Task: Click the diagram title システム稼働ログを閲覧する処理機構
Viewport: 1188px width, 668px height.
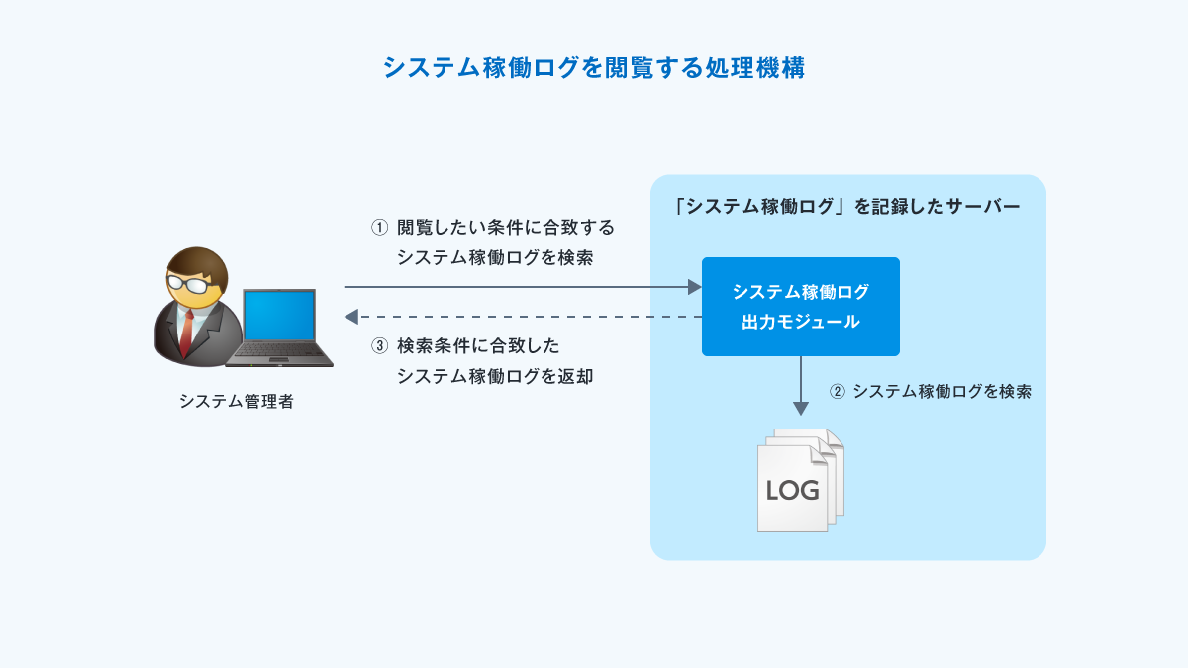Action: pyautogui.click(x=593, y=68)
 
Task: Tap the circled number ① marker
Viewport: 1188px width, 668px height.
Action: pyautogui.click(x=379, y=227)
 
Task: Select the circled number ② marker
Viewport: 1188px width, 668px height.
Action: pyautogui.click(x=837, y=391)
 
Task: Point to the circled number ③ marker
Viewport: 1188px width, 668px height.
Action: pyautogui.click(x=379, y=346)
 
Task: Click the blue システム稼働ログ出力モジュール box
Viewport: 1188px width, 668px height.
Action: pyautogui.click(x=800, y=307)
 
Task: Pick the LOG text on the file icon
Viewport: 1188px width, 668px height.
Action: pyautogui.click(x=792, y=491)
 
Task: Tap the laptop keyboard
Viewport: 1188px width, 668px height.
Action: pyautogui.click(x=281, y=351)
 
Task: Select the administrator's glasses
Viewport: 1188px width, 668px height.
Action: pyautogui.click(x=189, y=284)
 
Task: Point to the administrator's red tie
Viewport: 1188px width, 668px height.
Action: pyautogui.click(x=186, y=333)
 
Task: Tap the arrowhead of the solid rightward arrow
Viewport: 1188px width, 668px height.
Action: pyautogui.click(x=695, y=288)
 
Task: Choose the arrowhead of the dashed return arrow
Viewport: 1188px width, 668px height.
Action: pyautogui.click(x=351, y=317)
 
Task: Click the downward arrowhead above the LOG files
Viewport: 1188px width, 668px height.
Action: pyautogui.click(x=801, y=408)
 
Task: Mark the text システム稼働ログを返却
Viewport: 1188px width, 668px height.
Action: pyautogui.click(x=495, y=376)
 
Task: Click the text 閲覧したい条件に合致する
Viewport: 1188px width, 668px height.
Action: pyautogui.click(x=506, y=227)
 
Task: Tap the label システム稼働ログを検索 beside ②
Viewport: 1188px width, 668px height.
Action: pyautogui.click(x=941, y=391)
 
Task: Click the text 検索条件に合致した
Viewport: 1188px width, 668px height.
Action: pyautogui.click(x=478, y=346)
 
